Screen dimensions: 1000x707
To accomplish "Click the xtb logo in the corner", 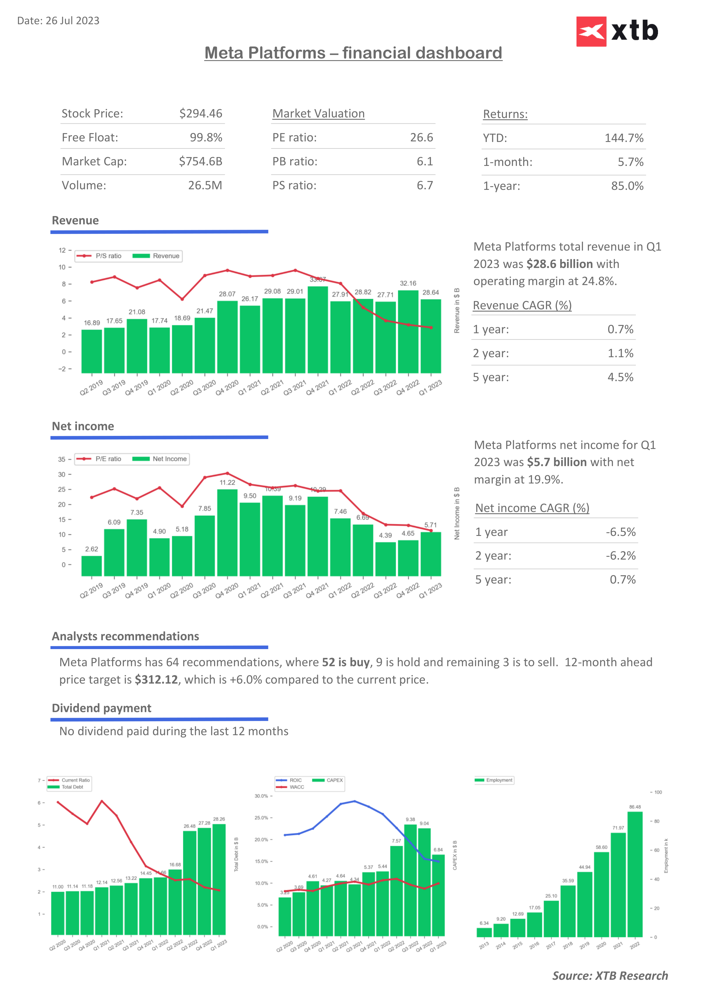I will click(617, 31).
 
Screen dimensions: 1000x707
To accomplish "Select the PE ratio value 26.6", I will click(421, 138).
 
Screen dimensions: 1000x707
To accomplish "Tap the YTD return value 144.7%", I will click(624, 138).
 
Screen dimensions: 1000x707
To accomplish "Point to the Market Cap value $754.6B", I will click(201, 162).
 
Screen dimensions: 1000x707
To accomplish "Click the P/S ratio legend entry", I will click(99, 256).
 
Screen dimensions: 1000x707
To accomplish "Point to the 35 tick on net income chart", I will click(62, 460).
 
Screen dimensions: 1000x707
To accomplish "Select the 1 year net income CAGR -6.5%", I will click(621, 532).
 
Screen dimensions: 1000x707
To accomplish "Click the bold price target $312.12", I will click(156, 680).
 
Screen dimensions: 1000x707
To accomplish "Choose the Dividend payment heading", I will click(101, 708).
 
